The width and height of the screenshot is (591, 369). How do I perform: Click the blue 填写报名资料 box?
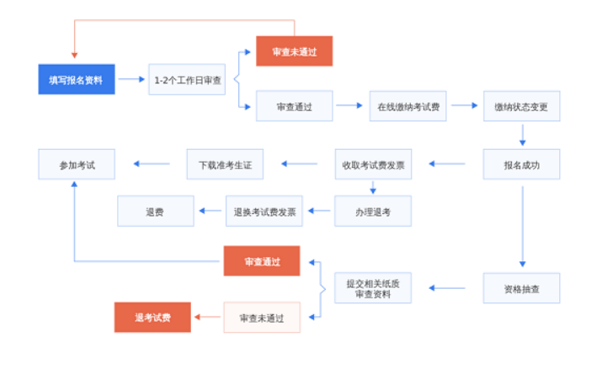pyautogui.click(x=77, y=79)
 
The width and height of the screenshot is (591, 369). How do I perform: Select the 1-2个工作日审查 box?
pyautogui.click(x=188, y=79)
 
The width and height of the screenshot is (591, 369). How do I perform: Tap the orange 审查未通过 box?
pyautogui.click(x=294, y=51)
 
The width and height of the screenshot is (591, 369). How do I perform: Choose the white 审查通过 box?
pyautogui.click(x=294, y=106)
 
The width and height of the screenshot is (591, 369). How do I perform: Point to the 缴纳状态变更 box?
pyautogui.click(x=521, y=106)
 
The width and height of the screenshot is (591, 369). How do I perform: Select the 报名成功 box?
pyautogui.click(x=521, y=164)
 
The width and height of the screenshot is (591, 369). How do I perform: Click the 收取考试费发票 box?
pyautogui.click(x=373, y=164)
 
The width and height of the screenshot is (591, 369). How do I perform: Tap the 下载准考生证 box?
pyautogui.click(x=225, y=164)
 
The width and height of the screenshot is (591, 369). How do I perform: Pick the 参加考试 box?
pyautogui.click(x=77, y=164)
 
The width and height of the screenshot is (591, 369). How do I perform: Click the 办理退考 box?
pyautogui.click(x=373, y=211)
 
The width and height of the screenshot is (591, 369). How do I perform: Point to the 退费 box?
pyautogui.click(x=155, y=211)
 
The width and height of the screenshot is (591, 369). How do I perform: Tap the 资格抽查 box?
pyautogui.click(x=521, y=288)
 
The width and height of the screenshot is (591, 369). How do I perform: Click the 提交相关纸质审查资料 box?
pyautogui.click(x=373, y=288)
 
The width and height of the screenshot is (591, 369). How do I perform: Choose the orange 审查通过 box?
pyautogui.click(x=262, y=261)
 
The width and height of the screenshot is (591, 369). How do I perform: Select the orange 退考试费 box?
pyautogui.click(x=152, y=317)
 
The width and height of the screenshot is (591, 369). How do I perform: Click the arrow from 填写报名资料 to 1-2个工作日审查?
pyautogui.click(x=131, y=79)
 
